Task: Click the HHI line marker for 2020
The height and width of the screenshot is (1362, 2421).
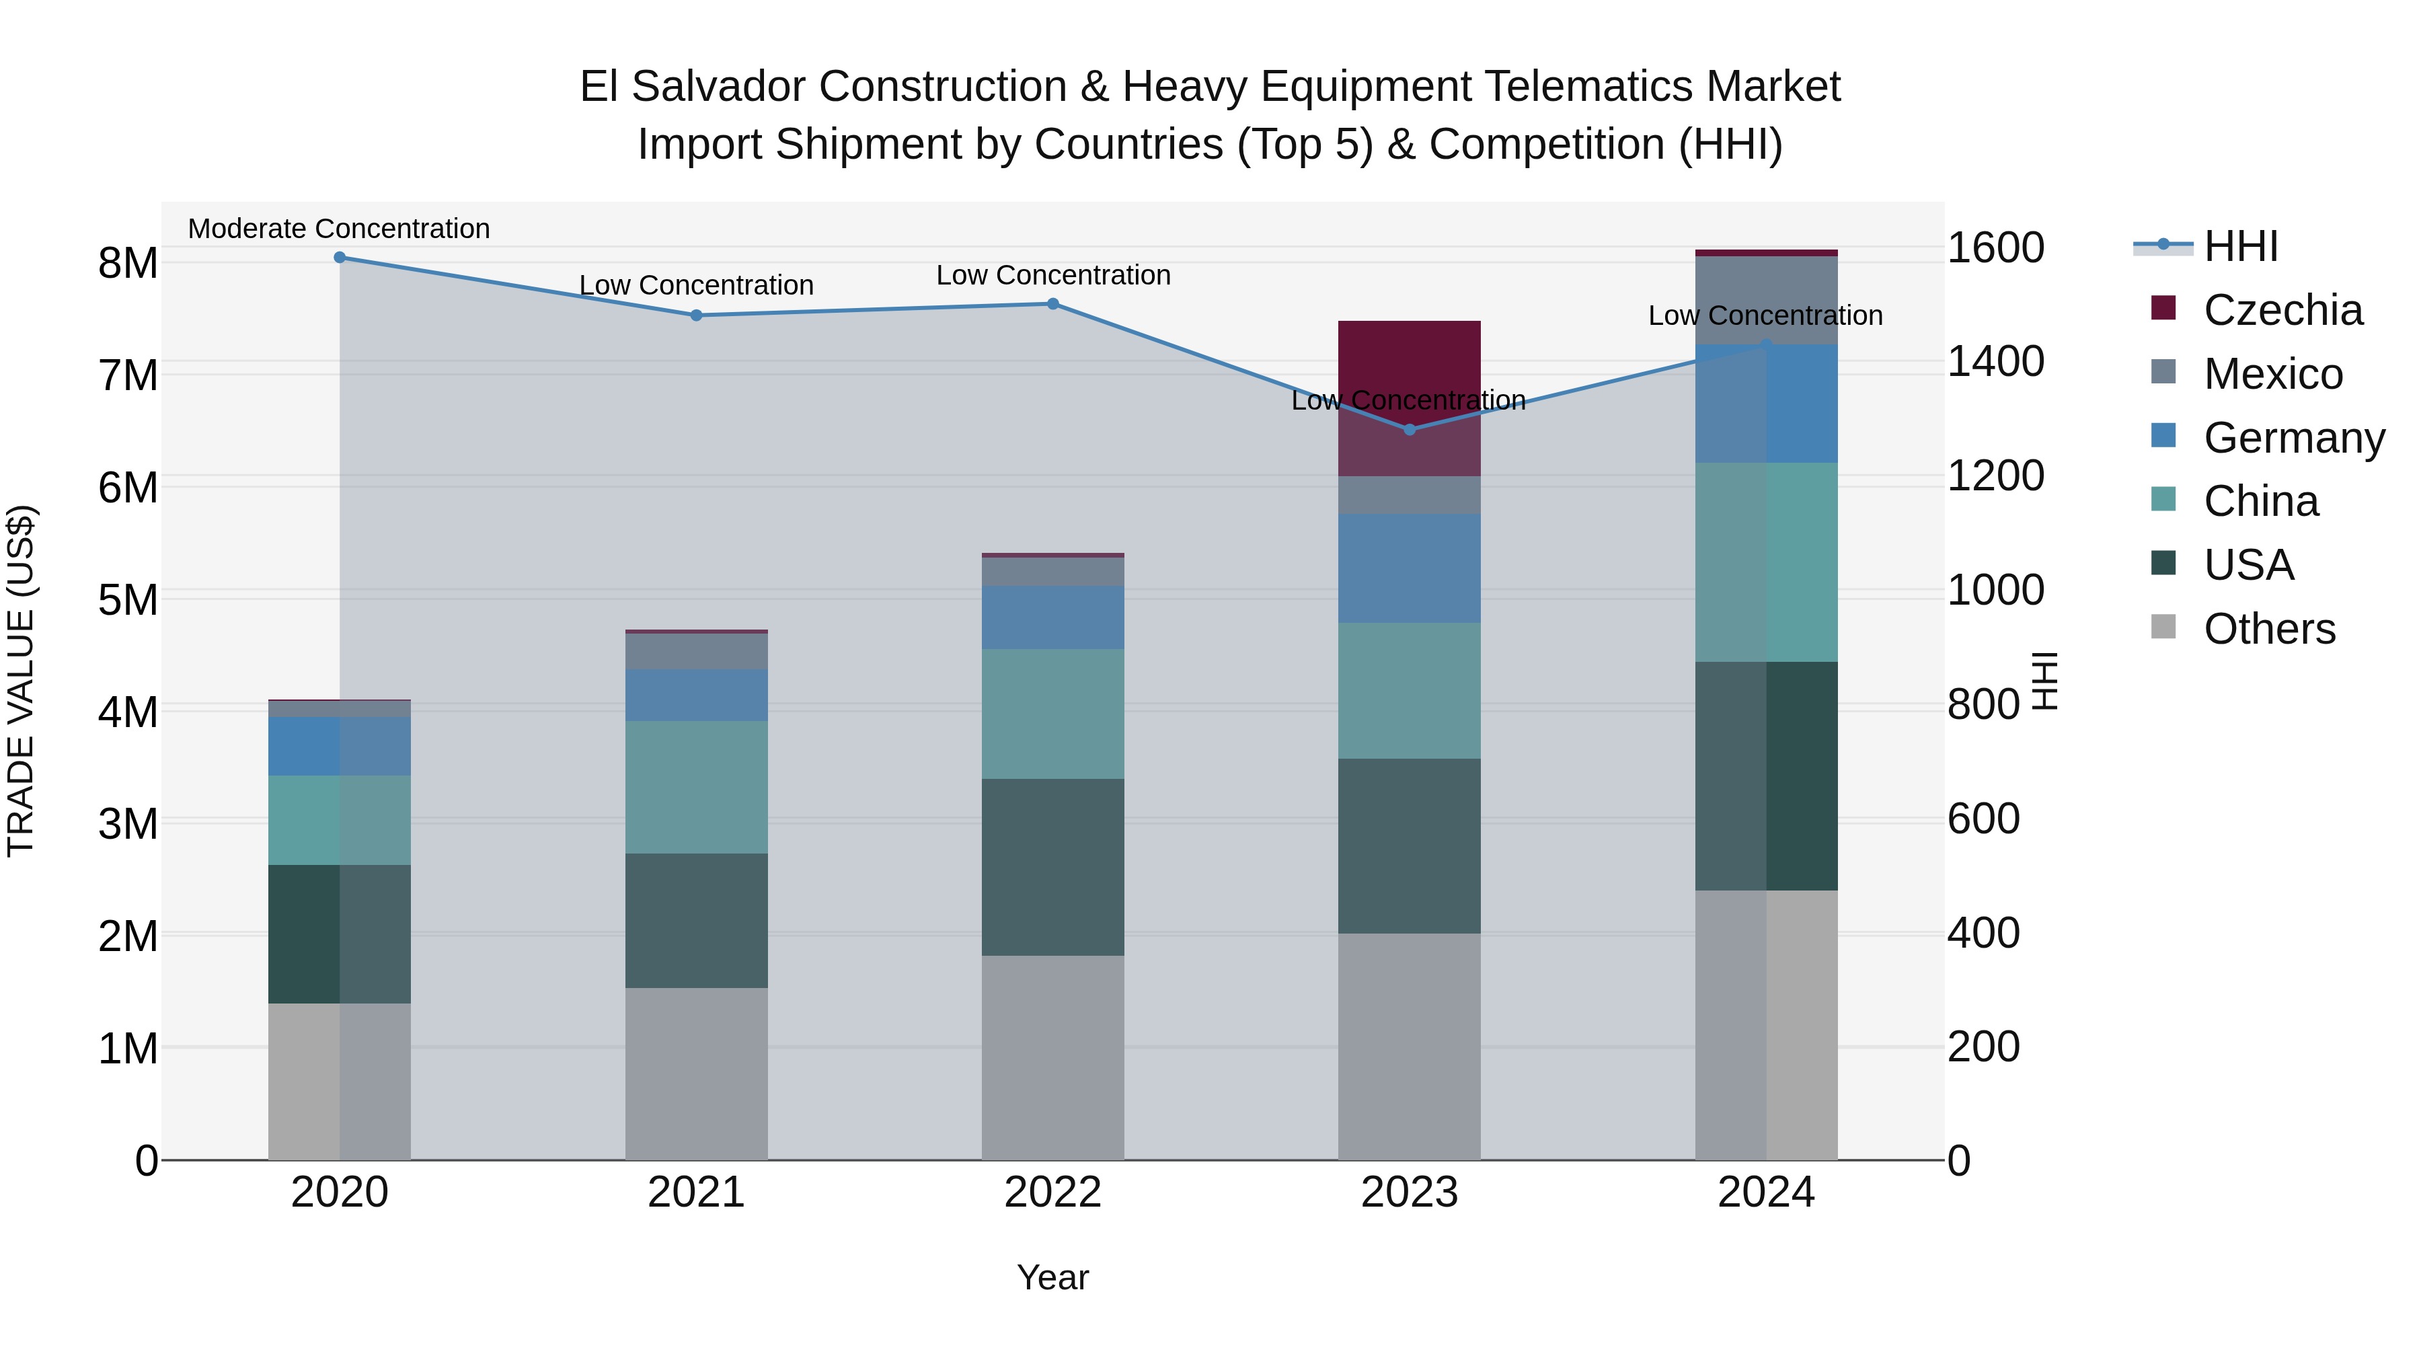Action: (340, 258)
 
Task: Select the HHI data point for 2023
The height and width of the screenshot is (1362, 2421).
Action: (1409, 430)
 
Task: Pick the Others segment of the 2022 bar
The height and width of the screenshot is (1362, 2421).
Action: (1052, 1057)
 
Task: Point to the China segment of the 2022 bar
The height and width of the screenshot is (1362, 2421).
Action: (1052, 714)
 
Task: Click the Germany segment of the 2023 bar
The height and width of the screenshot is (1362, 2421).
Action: (1409, 568)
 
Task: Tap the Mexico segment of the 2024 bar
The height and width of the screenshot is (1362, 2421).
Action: (1765, 300)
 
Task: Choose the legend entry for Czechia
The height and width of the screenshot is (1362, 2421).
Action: (2282, 310)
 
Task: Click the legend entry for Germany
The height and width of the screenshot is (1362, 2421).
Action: (2293, 438)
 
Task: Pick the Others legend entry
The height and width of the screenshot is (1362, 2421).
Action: (2269, 629)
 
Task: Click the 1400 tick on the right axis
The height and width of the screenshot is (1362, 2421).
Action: (1995, 361)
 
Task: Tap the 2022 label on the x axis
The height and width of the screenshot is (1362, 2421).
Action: (1052, 1192)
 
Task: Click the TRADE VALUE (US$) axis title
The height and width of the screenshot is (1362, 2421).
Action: (21, 681)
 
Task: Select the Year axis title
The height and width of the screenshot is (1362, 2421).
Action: (1052, 1277)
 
